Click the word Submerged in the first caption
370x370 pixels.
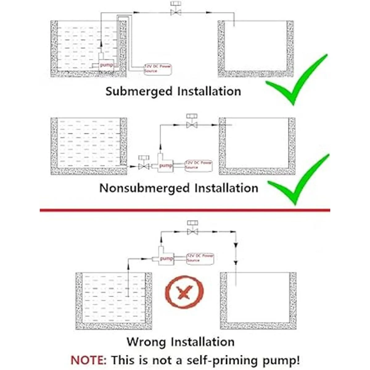click(x=139, y=92)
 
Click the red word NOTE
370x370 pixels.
click(x=88, y=360)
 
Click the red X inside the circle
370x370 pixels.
click(x=184, y=292)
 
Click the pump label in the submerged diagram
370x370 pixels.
click(x=106, y=65)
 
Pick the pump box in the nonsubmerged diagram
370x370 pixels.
click(x=166, y=166)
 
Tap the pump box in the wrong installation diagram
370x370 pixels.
click(x=166, y=258)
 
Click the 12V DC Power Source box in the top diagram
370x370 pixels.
click(x=158, y=69)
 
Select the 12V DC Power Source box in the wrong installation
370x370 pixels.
click(x=200, y=258)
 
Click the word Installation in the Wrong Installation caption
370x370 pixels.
click(x=203, y=342)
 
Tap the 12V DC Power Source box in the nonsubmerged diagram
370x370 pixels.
click(x=198, y=165)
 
